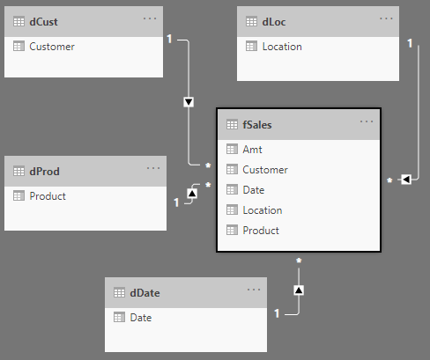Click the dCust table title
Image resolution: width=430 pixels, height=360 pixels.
click(43, 22)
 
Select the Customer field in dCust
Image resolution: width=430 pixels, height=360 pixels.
click(52, 47)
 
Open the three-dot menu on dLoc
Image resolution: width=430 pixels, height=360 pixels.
click(386, 18)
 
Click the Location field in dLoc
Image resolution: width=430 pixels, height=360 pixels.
click(282, 47)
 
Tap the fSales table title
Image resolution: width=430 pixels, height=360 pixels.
click(257, 125)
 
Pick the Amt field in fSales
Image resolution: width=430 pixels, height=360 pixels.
click(252, 150)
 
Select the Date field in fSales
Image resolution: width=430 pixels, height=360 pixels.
click(254, 190)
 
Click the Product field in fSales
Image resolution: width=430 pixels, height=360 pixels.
click(261, 231)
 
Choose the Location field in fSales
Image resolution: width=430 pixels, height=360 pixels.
click(263, 210)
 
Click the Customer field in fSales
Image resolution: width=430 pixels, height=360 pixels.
click(265, 170)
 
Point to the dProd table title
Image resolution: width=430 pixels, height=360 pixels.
click(44, 172)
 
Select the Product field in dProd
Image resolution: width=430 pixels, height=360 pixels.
click(48, 196)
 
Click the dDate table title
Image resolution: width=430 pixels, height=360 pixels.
click(145, 293)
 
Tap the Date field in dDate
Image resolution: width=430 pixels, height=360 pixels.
click(141, 318)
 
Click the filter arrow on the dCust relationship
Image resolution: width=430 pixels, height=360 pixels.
click(189, 102)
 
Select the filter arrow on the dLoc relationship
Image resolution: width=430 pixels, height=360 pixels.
click(406, 180)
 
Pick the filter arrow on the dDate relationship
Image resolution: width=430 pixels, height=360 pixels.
click(299, 290)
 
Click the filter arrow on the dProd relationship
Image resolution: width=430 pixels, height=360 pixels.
click(192, 194)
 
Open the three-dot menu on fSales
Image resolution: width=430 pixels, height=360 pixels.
click(367, 121)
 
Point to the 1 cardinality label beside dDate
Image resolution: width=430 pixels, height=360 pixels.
click(277, 313)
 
